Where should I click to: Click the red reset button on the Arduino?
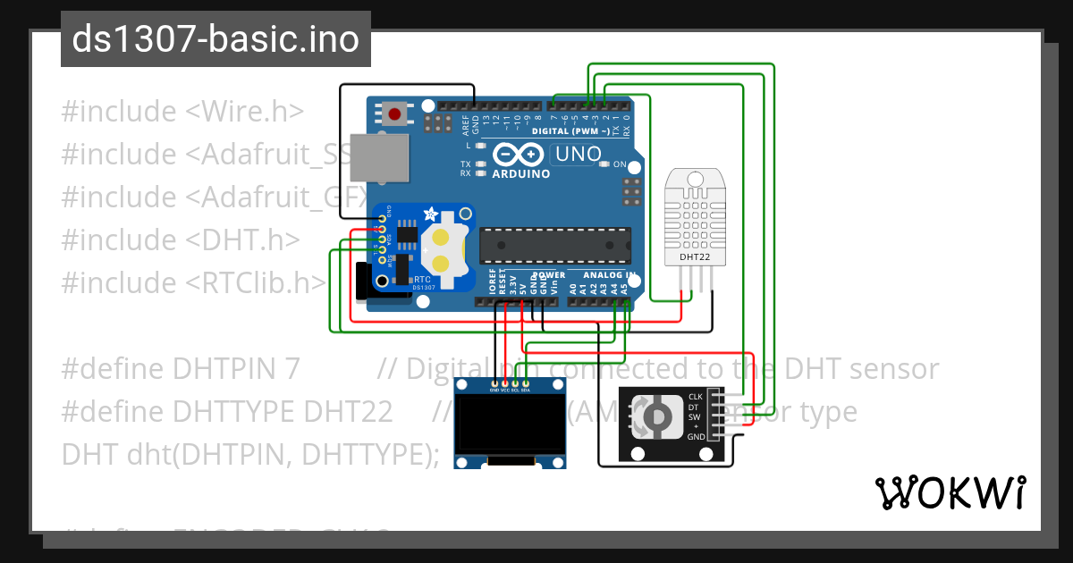(394, 113)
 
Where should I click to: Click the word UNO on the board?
(578, 154)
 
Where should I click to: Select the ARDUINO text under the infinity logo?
(521, 173)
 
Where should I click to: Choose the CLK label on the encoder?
(696, 397)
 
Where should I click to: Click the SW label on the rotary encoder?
(695, 416)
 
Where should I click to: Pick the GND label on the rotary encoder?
(696, 437)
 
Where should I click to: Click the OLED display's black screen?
(511, 427)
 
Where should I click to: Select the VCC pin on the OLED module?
(505, 390)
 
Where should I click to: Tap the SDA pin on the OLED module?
(526, 390)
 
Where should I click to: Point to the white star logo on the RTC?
(430, 215)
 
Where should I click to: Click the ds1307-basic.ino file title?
(215, 39)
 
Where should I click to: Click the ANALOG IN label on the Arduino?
(608, 275)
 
